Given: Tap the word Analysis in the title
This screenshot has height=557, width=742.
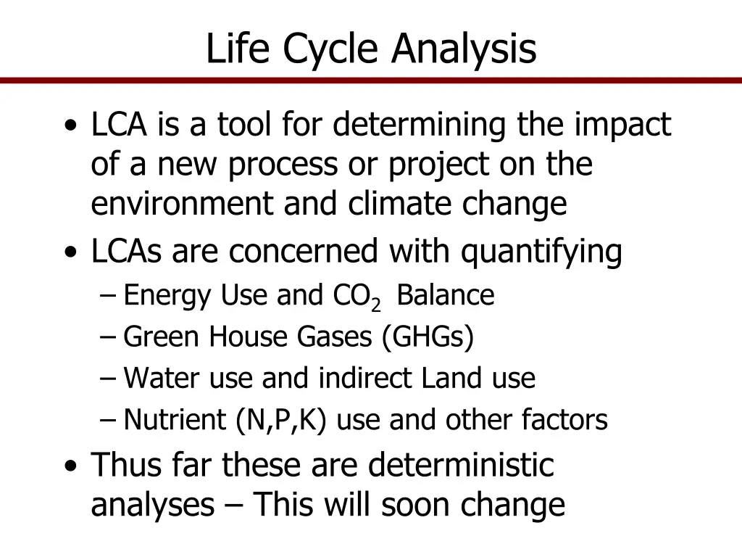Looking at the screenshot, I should tap(464, 49).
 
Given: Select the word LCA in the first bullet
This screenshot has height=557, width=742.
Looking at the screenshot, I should tap(119, 125).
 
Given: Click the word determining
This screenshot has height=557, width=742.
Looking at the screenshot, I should tap(420, 125).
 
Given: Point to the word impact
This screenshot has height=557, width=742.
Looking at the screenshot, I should tap(622, 125).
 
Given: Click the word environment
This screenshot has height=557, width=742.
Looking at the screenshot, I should tap(182, 205).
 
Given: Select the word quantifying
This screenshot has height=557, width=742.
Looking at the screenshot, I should tap(542, 252).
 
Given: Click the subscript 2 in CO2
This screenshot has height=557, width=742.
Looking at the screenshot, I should tap(375, 305).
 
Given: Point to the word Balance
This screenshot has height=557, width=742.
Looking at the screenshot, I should tap(446, 296).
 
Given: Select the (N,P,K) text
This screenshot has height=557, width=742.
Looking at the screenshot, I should tap(282, 420).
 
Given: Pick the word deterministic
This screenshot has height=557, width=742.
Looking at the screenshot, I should tap(460, 465).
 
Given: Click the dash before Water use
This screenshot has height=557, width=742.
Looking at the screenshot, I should tap(109, 379).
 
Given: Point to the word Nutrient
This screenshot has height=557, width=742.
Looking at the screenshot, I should tap(175, 420).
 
